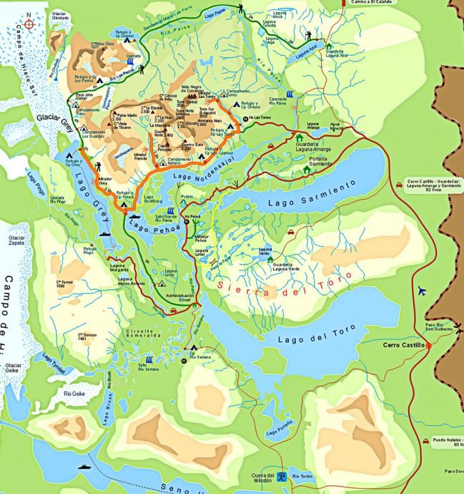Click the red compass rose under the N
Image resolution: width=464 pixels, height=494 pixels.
pos(29,24)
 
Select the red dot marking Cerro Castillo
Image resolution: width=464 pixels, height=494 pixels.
pos(431,345)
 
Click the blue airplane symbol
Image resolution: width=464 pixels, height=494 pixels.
pos(422,290)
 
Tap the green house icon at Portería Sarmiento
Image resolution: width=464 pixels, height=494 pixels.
pos(307,170)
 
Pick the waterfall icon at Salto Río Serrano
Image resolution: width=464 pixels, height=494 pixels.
pos(149,359)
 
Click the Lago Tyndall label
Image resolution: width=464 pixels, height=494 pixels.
pos(53,363)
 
